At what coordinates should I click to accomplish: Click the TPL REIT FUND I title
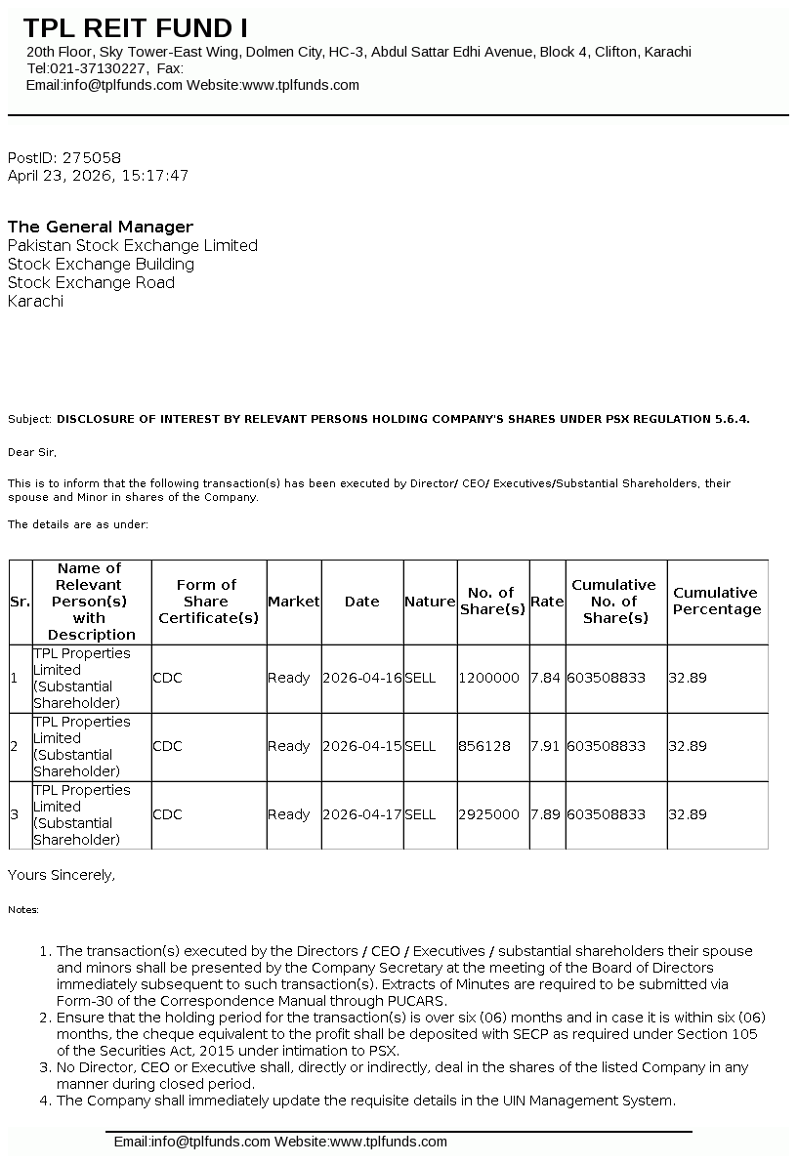[x=135, y=27]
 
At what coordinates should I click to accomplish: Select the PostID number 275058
[x=91, y=157]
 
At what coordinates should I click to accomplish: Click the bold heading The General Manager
[x=101, y=227]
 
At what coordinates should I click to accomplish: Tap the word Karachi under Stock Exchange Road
[x=35, y=301]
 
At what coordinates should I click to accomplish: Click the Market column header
[x=293, y=602]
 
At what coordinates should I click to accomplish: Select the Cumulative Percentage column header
[x=716, y=602]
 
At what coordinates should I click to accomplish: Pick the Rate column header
[x=547, y=602]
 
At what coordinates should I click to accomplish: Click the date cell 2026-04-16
[x=361, y=678]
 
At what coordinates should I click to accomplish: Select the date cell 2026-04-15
[x=361, y=746]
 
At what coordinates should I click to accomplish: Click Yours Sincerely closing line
[x=61, y=875]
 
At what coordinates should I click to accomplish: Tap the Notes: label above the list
[x=23, y=910]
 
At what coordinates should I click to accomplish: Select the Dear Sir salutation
[x=32, y=452]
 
